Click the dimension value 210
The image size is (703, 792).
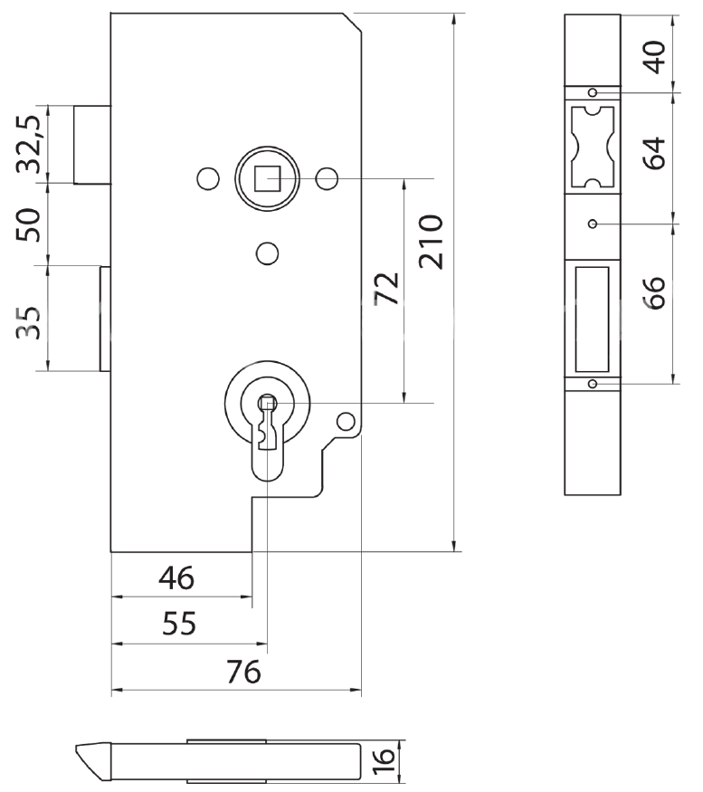point(432,242)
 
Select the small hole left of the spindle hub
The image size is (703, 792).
point(207,178)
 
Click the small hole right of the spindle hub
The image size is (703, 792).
point(328,177)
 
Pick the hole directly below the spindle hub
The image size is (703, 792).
point(266,253)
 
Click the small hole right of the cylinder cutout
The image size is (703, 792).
point(345,420)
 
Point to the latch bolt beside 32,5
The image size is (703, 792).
point(91,145)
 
